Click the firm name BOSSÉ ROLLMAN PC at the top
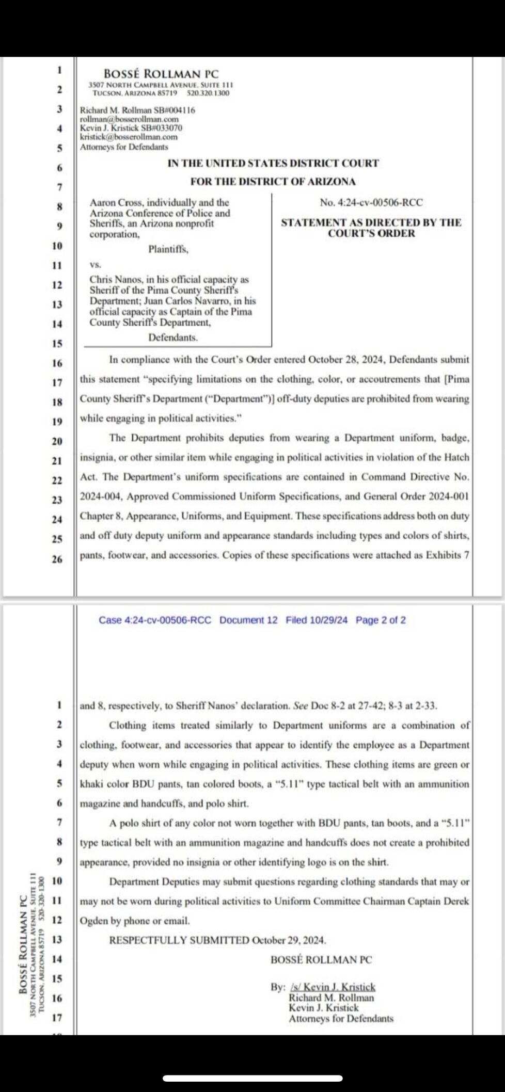pyautogui.click(x=161, y=74)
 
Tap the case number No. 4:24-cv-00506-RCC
pyautogui.click(x=371, y=202)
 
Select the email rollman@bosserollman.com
pyautogui.click(x=129, y=119)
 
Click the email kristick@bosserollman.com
pyautogui.click(x=129, y=137)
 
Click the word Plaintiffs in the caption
pyautogui.click(x=168, y=249)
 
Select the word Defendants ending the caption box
pyautogui.click(x=172, y=338)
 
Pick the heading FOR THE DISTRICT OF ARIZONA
pyautogui.click(x=273, y=182)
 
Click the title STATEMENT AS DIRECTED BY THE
pyautogui.click(x=371, y=222)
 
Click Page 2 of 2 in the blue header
pyautogui.click(x=381, y=620)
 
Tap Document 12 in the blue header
pyautogui.click(x=248, y=620)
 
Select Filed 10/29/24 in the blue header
pyautogui.click(x=317, y=620)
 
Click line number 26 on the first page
pyautogui.click(x=57, y=559)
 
